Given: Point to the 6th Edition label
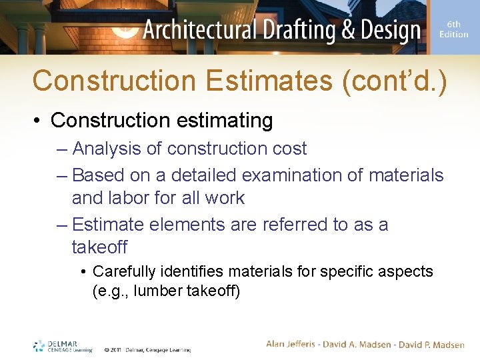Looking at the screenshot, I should coord(453,29).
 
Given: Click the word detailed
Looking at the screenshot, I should coord(203,175).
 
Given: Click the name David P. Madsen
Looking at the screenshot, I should coord(432,344).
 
